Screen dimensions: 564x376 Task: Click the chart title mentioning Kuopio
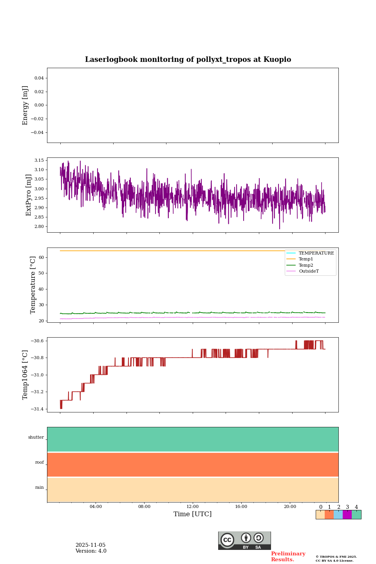(x=188, y=60)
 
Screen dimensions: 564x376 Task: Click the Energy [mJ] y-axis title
(x=25, y=105)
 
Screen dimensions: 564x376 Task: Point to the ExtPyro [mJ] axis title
(x=29, y=195)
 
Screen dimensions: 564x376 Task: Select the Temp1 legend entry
(x=306, y=259)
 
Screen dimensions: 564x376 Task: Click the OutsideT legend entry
(x=309, y=271)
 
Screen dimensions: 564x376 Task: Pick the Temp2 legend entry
(x=306, y=265)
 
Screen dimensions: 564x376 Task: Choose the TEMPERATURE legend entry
(x=316, y=253)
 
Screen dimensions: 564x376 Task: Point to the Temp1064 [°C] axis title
(x=25, y=375)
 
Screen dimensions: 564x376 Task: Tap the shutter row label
(x=36, y=437)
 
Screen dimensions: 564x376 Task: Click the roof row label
(x=40, y=463)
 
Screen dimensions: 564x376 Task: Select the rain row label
(x=40, y=488)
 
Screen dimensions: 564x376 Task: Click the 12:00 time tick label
(x=193, y=507)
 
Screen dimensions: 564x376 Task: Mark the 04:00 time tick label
(x=96, y=507)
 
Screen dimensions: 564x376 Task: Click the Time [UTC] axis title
(x=193, y=514)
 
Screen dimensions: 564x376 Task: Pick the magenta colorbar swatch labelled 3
(x=347, y=515)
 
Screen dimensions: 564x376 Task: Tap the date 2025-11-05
(x=90, y=545)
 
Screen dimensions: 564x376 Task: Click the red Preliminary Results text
(x=288, y=557)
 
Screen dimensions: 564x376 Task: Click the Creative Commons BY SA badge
(x=244, y=540)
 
